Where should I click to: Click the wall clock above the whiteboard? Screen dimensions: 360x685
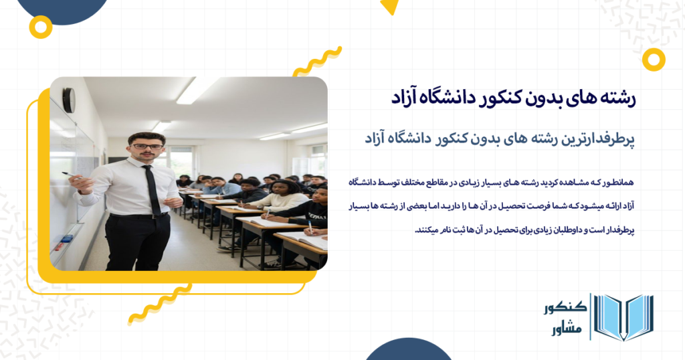click(x=68, y=100)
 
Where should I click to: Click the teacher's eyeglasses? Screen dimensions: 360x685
click(x=146, y=146)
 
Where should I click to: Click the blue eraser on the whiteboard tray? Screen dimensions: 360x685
click(x=67, y=239)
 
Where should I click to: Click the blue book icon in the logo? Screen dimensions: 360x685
click(x=623, y=317)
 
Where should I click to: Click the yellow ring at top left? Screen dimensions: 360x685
click(x=41, y=27)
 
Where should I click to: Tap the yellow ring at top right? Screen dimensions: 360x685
click(x=653, y=59)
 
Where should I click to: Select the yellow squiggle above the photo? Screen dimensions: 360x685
click(x=317, y=61)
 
